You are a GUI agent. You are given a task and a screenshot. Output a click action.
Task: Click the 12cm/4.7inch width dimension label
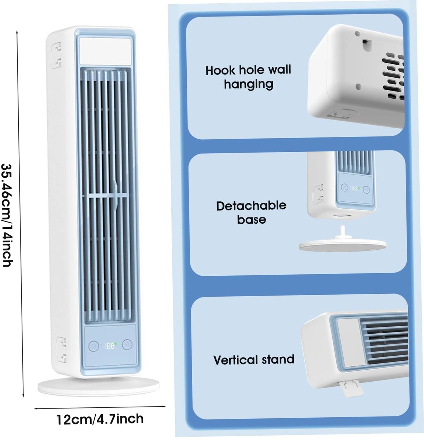coord(100,419)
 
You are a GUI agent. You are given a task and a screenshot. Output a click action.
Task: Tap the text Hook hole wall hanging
coord(248,77)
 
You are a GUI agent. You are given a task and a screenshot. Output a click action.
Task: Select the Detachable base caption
coord(251,212)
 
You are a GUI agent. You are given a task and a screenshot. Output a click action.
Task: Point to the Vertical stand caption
coord(254,359)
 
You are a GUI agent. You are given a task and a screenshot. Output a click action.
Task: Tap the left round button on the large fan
coord(94,346)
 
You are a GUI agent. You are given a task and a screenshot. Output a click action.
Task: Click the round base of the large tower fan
coord(99,386)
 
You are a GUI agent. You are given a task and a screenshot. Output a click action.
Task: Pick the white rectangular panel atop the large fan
coord(105,51)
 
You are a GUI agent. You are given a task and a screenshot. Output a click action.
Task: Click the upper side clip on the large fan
coord(56,55)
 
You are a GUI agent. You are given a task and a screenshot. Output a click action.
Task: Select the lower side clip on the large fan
coord(61,349)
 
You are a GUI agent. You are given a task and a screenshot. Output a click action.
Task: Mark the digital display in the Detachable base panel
coord(355,189)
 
